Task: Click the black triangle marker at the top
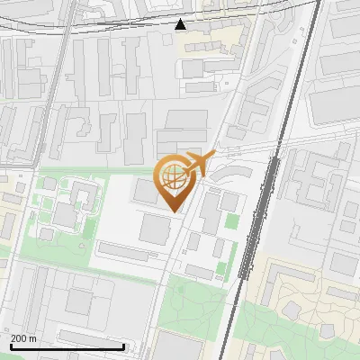tap(181, 24)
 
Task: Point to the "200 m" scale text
tap(23, 338)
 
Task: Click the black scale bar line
tap(67, 346)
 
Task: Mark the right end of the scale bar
tap(123, 346)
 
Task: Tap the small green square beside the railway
tap(232, 220)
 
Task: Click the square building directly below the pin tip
tap(154, 229)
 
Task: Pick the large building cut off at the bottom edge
tap(180, 346)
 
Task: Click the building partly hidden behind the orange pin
tap(146, 191)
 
